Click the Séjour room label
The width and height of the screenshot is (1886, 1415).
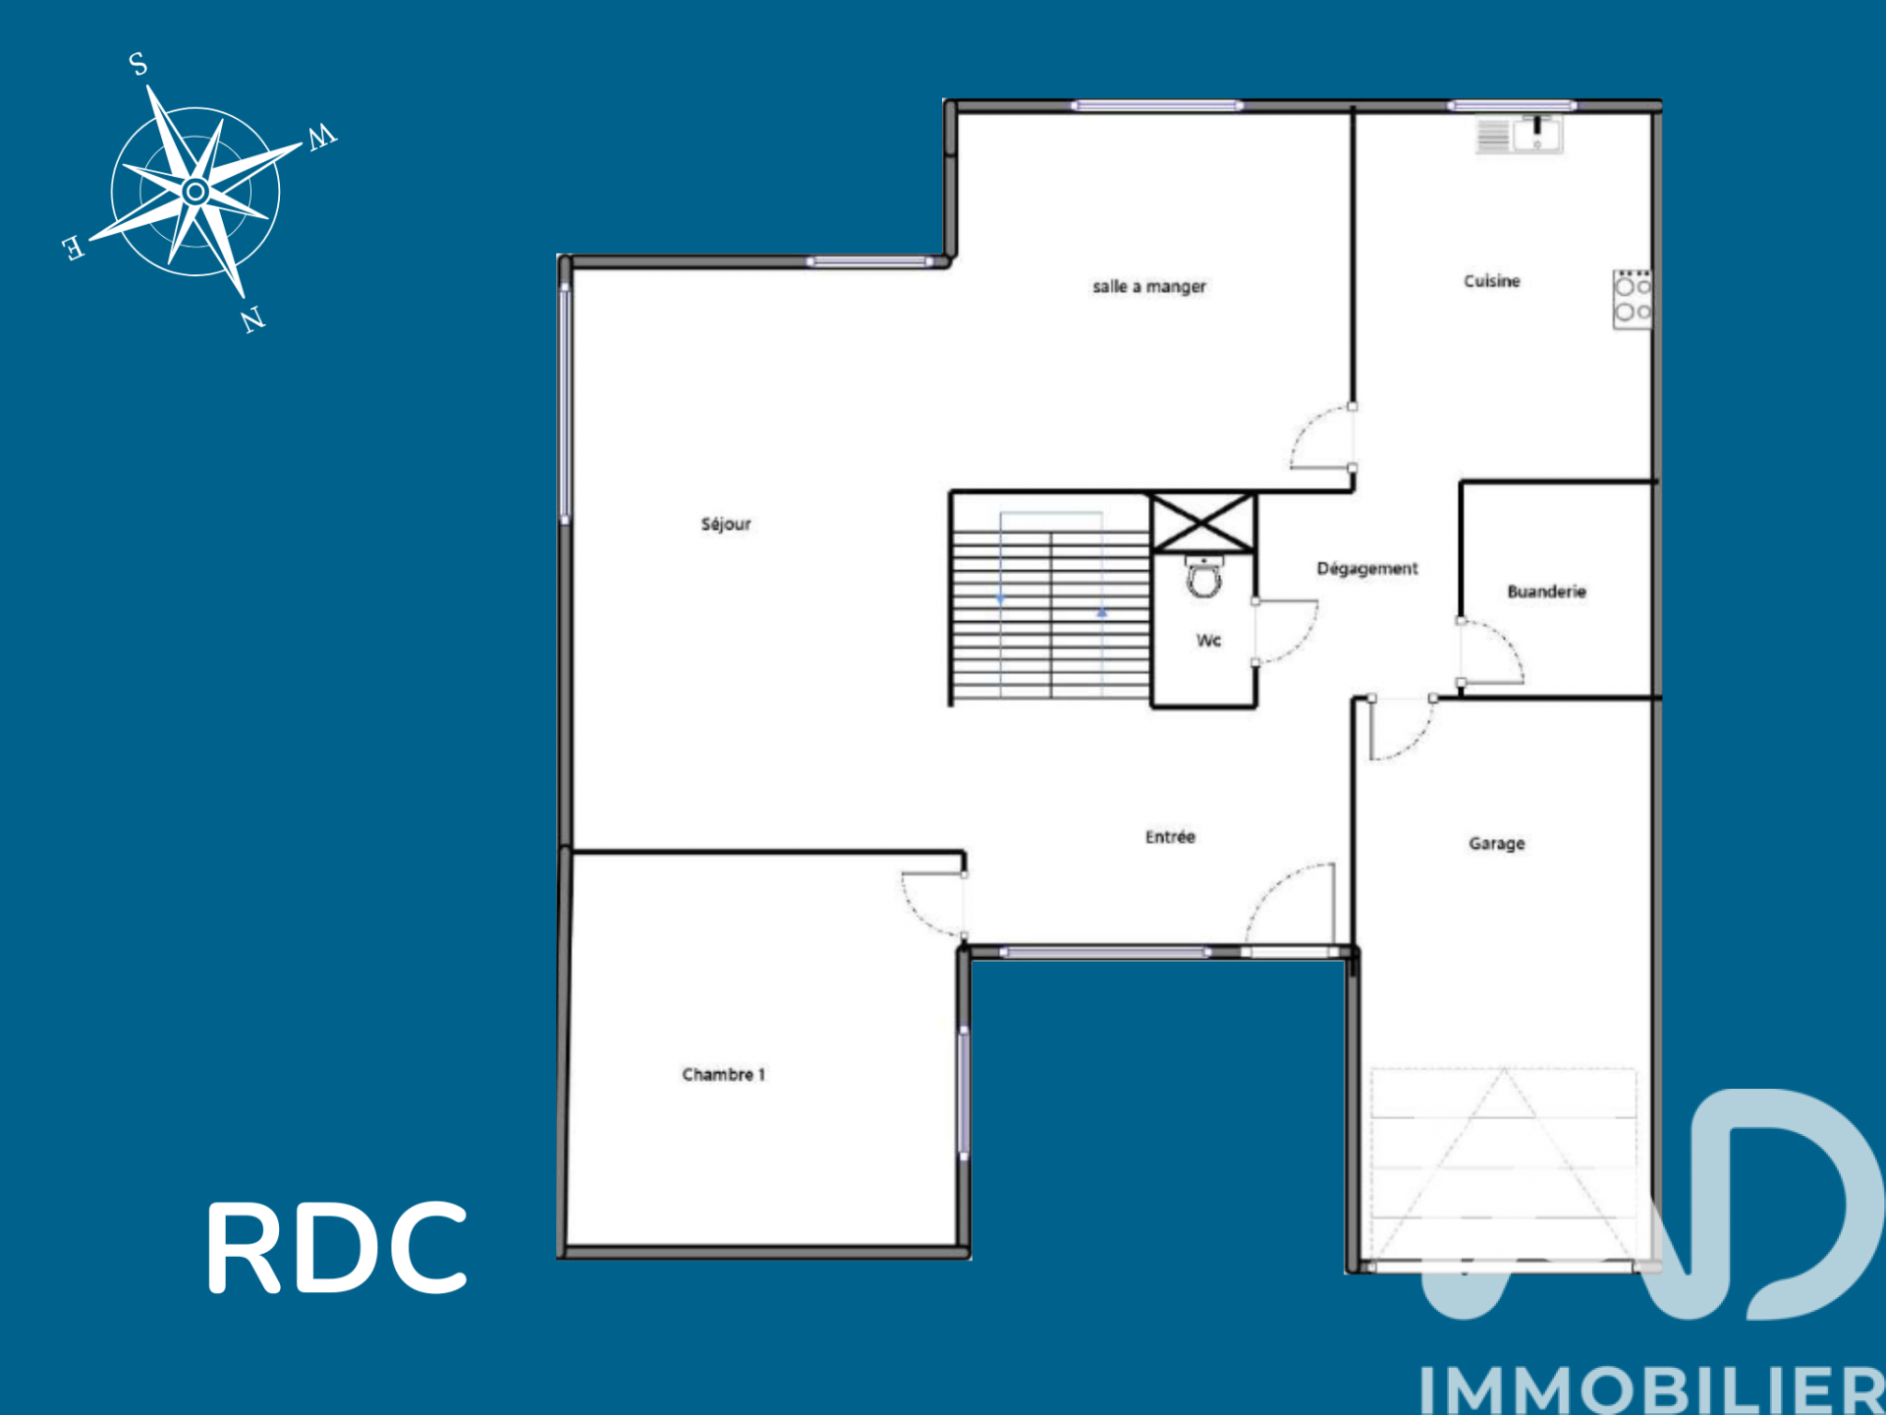(x=726, y=524)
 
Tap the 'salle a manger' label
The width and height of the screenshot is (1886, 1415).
(x=1149, y=286)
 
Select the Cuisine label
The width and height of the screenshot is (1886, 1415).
(x=1492, y=281)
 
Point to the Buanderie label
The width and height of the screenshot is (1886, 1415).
(x=1547, y=591)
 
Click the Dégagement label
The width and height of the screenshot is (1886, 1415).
(x=1367, y=568)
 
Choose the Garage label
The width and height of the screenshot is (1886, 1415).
(x=1497, y=843)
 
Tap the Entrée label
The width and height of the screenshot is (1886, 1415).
(x=1170, y=836)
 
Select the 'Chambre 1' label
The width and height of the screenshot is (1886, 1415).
(x=724, y=1074)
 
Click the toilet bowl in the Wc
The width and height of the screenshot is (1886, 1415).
(x=1204, y=578)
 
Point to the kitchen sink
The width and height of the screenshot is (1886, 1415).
(x=1537, y=135)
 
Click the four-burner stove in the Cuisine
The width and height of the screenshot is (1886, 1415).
(x=1633, y=300)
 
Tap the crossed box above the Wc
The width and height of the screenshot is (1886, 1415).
(x=1203, y=523)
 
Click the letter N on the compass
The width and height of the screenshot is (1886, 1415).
(x=253, y=319)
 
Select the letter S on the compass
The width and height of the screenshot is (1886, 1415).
(x=139, y=64)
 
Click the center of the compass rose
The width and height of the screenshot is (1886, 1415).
(x=195, y=192)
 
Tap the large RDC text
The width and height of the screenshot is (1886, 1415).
(x=337, y=1247)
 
